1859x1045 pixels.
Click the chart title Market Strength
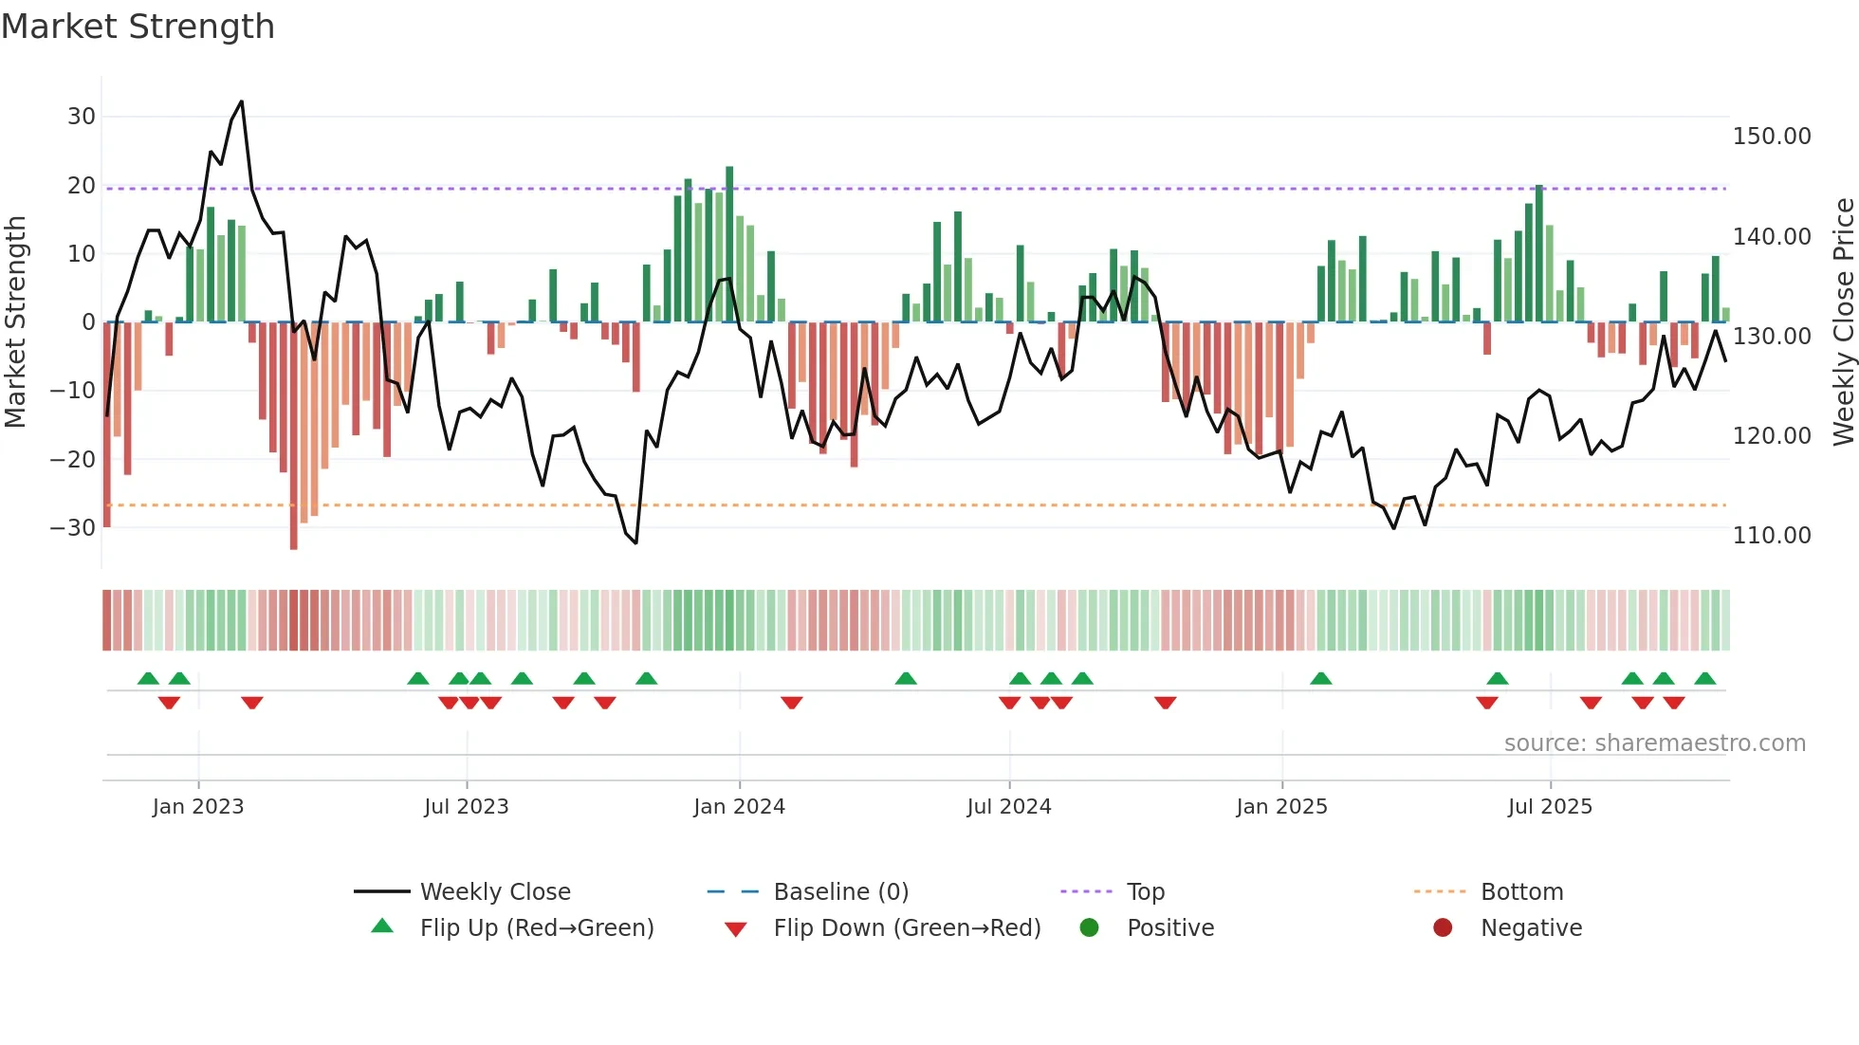pyautogui.click(x=138, y=26)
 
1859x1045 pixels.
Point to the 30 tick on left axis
pyautogui.click(x=82, y=117)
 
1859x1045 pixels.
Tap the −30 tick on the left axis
pyautogui.click(x=74, y=527)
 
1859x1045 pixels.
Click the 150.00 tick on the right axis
pyautogui.click(x=1771, y=137)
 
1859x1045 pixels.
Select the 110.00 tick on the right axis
pyautogui.click(x=1771, y=536)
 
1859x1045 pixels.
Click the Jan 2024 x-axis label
pyautogui.click(x=739, y=807)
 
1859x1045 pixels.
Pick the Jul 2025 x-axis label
pyautogui.click(x=1549, y=807)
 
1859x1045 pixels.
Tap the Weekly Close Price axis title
pyautogui.click(x=1843, y=322)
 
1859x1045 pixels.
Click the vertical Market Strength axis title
pyautogui.click(x=15, y=322)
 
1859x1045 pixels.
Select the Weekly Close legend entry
pyautogui.click(x=494, y=892)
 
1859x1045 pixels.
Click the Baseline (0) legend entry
pyautogui.click(x=840, y=892)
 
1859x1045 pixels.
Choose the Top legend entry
pyautogui.click(x=1145, y=892)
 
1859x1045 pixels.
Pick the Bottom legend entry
pyautogui.click(x=1521, y=892)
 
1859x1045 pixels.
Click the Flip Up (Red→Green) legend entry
pyautogui.click(x=536, y=928)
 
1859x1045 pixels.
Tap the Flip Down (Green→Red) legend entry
pyautogui.click(x=906, y=928)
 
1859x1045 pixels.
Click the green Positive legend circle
pyautogui.click(x=1089, y=928)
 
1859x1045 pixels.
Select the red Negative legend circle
pyautogui.click(x=1443, y=928)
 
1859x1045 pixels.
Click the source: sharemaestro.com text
pyautogui.click(x=1654, y=743)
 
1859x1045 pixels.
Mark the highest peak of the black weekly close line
pyautogui.click(x=242, y=101)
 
